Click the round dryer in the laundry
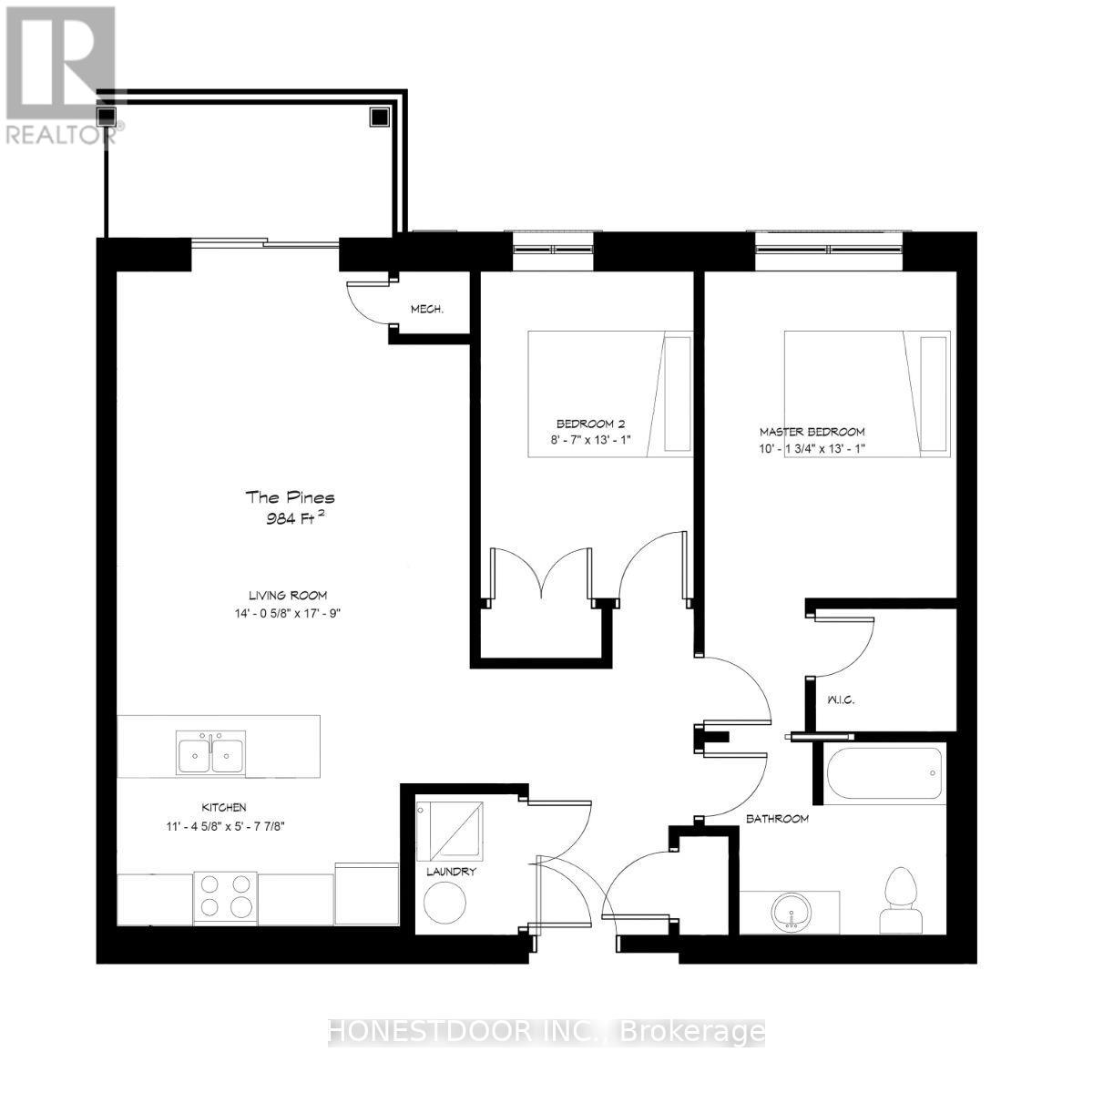445,903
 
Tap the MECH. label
426,310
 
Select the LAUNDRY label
451,872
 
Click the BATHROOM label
777,819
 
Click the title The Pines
290,497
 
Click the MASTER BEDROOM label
812,432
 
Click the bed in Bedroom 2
610,393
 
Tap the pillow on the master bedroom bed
934,393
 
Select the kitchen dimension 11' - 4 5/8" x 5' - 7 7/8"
224,827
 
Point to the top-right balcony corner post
379,116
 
